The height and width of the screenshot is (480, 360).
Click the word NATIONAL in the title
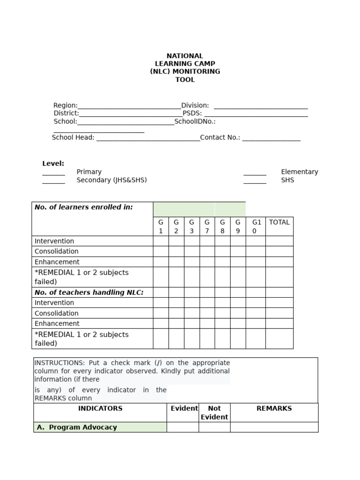[185, 56]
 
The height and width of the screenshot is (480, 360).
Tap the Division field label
[195, 105]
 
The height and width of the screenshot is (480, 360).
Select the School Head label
[73, 138]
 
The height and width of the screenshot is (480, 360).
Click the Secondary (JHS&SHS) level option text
[112, 180]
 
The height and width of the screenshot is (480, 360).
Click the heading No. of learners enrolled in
[84, 207]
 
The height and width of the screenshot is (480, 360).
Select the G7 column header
[207, 226]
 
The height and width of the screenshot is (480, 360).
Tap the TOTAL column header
[279, 222]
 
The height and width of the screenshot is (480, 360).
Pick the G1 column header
[161, 226]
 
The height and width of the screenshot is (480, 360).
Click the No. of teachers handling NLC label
[89, 292]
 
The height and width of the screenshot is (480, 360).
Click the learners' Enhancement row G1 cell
[161, 262]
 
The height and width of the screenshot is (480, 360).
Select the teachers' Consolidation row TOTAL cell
[279, 313]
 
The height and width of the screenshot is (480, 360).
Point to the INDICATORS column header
[100, 408]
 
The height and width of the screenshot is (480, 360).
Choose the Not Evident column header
[214, 412]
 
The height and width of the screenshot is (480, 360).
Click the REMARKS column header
[274, 408]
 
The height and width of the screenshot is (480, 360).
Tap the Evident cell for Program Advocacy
[183, 427]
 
